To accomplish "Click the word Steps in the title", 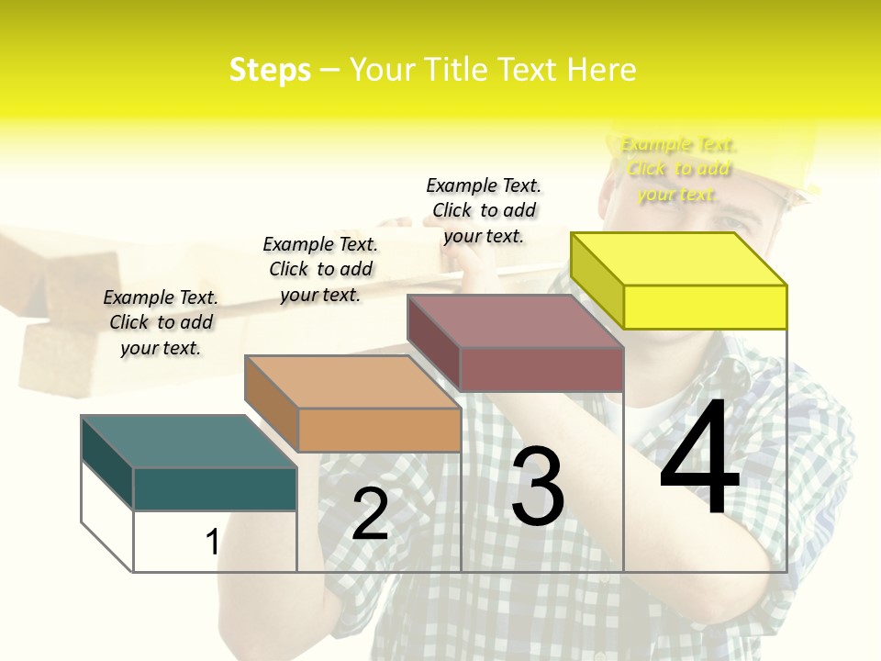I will tap(270, 70).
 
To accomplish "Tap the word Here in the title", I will tap(601, 70).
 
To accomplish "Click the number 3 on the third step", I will tap(537, 486).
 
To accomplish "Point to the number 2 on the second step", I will tap(370, 515).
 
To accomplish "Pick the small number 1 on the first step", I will tap(213, 543).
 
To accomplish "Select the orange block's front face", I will tap(379, 430).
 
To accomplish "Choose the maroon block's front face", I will tap(541, 370).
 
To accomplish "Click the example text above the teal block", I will tap(161, 322).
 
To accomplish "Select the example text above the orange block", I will tap(320, 269).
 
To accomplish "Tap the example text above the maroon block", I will tap(484, 210).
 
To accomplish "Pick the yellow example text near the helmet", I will tap(678, 169).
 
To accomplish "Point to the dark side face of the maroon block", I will tap(433, 342).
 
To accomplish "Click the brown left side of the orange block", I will tap(271, 403).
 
